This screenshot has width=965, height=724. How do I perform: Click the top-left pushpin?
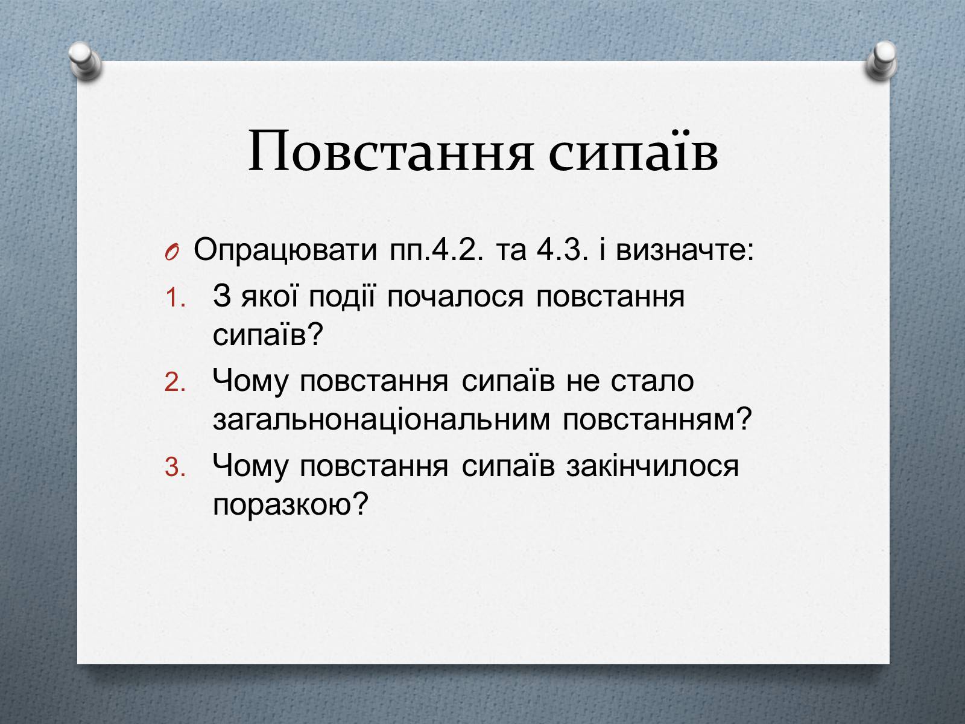tap(85, 61)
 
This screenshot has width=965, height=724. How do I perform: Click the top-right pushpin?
tap(882, 61)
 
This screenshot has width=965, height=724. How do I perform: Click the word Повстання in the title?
tap(390, 150)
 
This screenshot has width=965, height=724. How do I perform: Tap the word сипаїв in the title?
tap(633, 150)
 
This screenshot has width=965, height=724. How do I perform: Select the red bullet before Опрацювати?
tap(172, 252)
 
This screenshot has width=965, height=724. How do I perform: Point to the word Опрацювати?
tap(285, 250)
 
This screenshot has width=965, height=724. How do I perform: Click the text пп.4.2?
tap(436, 250)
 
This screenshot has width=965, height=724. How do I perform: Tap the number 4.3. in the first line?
tap(562, 250)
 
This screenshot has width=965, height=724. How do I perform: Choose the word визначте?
tap(685, 250)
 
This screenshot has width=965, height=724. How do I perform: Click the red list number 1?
tap(175, 298)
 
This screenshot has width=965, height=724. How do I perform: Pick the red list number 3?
tap(175, 467)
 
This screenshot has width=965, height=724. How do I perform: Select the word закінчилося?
tap(653, 466)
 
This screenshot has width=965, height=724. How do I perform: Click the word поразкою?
tap(289, 504)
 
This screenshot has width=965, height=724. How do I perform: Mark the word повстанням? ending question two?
tap(657, 420)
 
